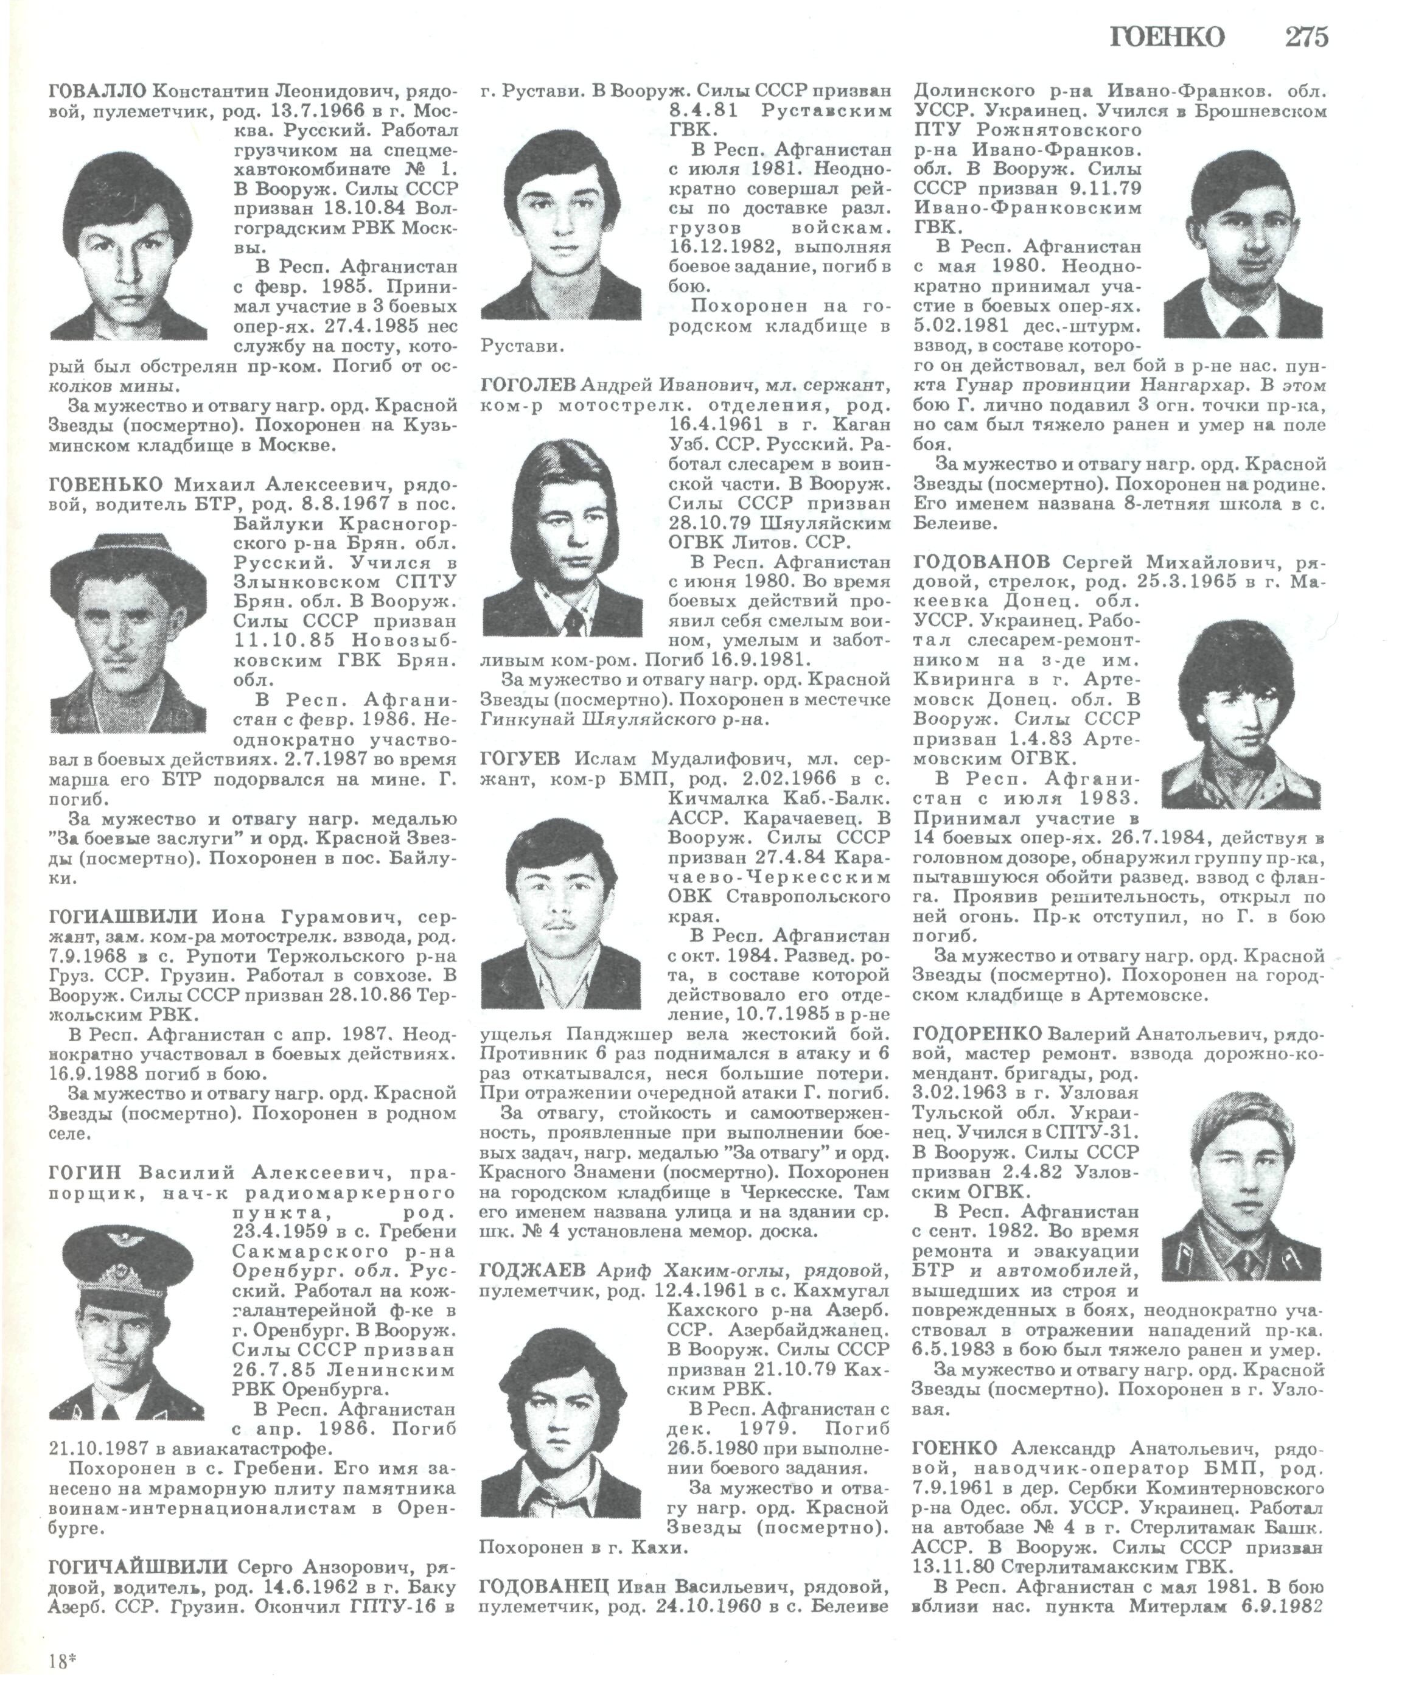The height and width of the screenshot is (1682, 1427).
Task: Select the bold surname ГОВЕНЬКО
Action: (x=106, y=484)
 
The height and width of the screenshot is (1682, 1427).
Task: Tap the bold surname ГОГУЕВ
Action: (x=521, y=759)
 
